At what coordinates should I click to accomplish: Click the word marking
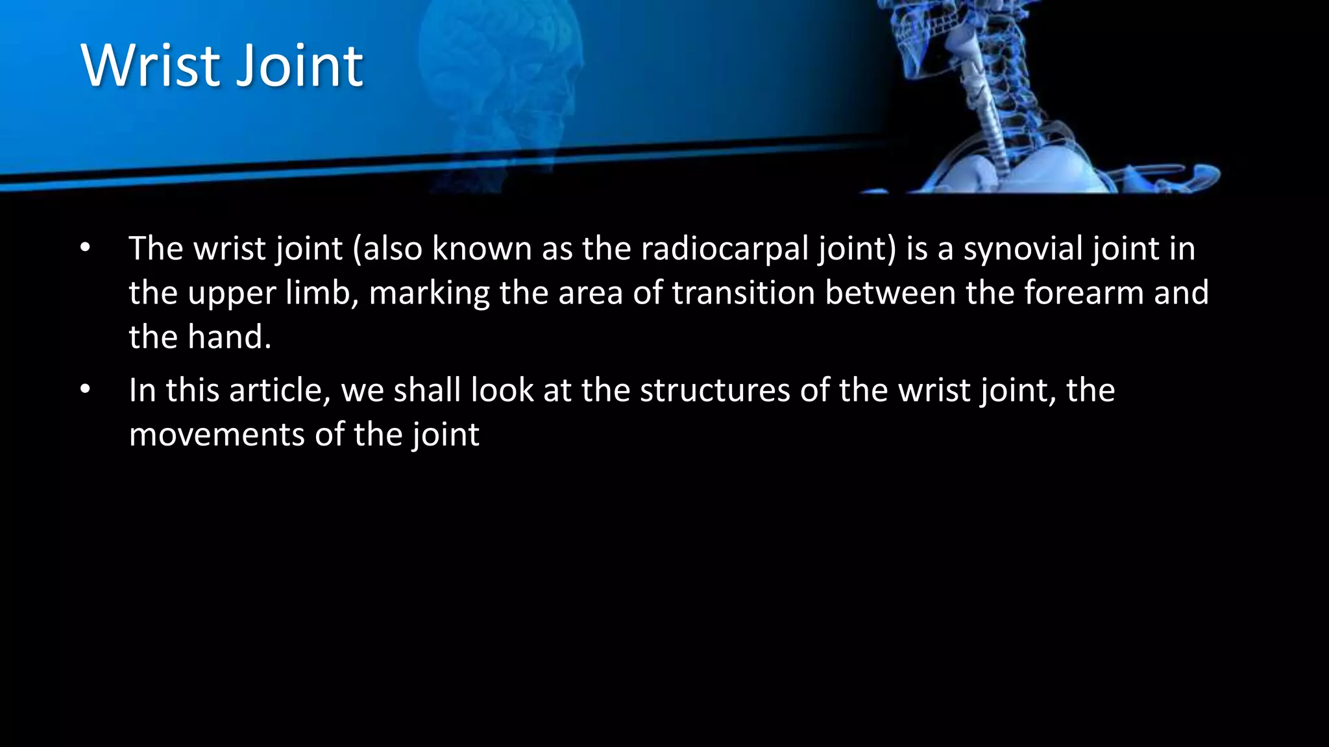(429, 294)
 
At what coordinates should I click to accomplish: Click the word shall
(427, 390)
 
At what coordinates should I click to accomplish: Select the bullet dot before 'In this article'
(86, 390)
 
